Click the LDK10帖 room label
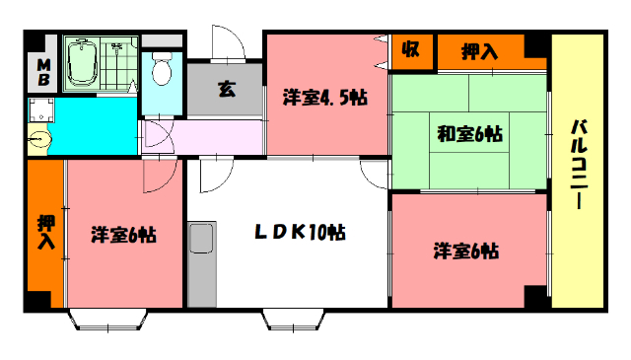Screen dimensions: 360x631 pos(300,233)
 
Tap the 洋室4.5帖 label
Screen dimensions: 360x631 pos(325,97)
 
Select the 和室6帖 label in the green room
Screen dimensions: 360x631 pos(468,133)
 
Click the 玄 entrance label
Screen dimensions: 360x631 pos(226,90)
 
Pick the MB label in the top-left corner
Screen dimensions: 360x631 pos(43,71)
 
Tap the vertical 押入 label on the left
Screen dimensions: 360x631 pos(45,231)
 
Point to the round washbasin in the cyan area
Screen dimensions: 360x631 pos(38,141)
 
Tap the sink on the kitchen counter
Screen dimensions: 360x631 pos(202,238)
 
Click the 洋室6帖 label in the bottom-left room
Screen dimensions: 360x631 pos(123,235)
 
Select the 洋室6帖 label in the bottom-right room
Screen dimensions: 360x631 pos(465,251)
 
